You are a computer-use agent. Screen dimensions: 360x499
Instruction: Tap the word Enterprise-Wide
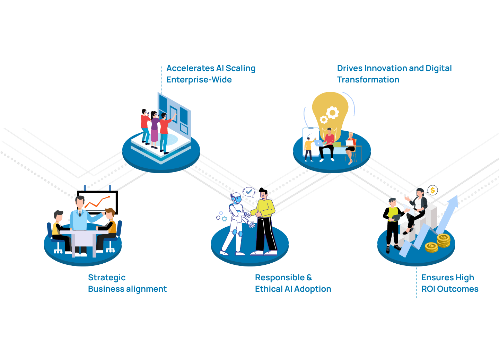tap(199, 80)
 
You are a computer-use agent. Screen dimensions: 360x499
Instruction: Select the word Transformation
tap(368, 80)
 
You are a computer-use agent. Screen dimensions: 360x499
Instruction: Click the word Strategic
tap(107, 278)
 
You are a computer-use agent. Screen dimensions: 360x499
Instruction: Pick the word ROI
tap(428, 289)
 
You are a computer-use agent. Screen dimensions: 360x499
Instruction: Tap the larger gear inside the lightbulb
tap(333, 113)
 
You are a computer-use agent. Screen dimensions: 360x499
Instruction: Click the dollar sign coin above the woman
tap(432, 190)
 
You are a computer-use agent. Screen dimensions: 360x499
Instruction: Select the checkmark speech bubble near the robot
tap(249, 192)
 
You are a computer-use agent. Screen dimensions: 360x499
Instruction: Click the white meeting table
tap(83, 237)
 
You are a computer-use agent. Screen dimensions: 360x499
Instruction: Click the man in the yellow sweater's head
tap(263, 194)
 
